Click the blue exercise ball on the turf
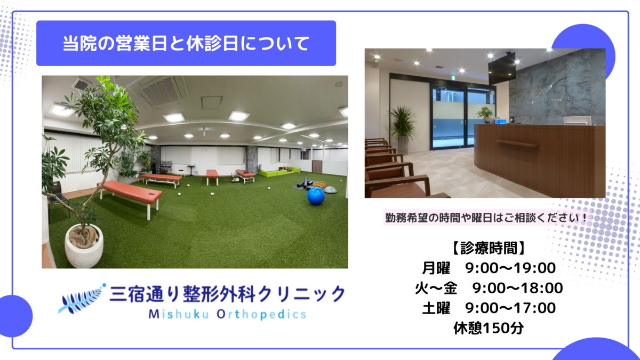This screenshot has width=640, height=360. coord(315,196)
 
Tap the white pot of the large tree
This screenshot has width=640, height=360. coord(84,246)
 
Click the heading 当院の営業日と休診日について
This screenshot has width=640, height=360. coord(186,43)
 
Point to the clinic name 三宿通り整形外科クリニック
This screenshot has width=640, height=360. coord(227,293)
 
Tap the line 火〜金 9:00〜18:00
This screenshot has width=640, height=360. coord(488,288)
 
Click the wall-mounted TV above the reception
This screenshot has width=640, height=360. coord(501,68)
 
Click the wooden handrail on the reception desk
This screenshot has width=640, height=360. coord(517,143)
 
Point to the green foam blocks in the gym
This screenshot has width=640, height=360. coord(280,171)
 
